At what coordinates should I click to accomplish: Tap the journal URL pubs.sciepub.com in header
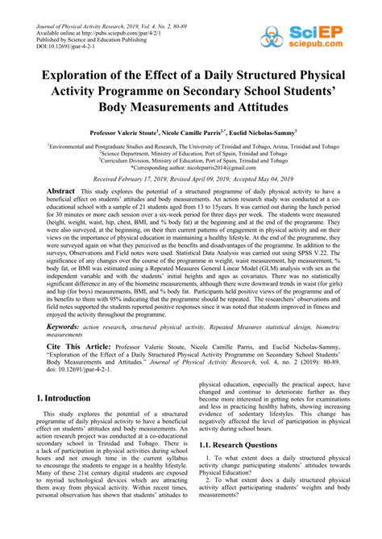pyautogui.click(x=113, y=20)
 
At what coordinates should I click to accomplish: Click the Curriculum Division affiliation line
pyautogui.click(x=191, y=159)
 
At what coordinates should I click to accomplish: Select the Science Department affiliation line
pyautogui.click(x=191, y=152)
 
